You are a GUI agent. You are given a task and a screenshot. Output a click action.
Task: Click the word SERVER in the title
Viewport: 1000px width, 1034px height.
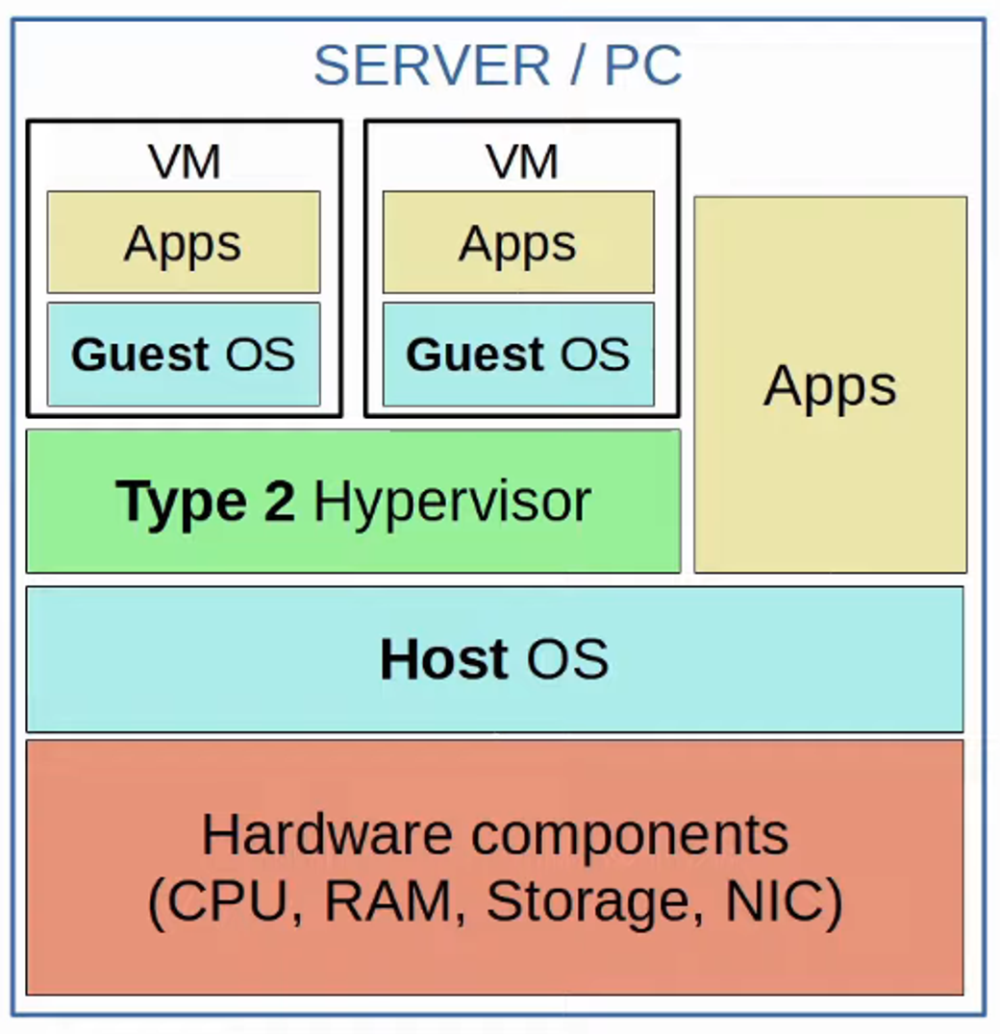(x=432, y=65)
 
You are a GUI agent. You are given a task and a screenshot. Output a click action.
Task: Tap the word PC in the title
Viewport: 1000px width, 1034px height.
(x=643, y=65)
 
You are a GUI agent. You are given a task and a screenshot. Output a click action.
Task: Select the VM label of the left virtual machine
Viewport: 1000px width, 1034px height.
(x=184, y=160)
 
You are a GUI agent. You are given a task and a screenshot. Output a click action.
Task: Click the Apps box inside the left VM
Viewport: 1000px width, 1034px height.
(x=183, y=242)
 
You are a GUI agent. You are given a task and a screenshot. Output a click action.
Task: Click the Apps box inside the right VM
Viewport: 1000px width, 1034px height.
(x=518, y=242)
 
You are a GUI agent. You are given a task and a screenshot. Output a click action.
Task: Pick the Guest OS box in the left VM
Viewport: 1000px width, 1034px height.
(x=183, y=355)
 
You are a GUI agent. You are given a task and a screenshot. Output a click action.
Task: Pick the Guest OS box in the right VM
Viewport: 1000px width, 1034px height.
(x=518, y=355)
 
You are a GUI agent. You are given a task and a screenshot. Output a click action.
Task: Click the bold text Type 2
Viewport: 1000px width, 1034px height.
(x=205, y=502)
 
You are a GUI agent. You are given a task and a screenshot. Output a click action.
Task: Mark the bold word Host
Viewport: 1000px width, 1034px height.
(x=443, y=660)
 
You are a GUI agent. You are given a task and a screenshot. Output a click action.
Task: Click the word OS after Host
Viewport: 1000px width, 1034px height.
(x=567, y=660)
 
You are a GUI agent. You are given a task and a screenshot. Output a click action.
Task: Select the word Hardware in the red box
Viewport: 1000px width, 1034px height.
(x=327, y=834)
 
